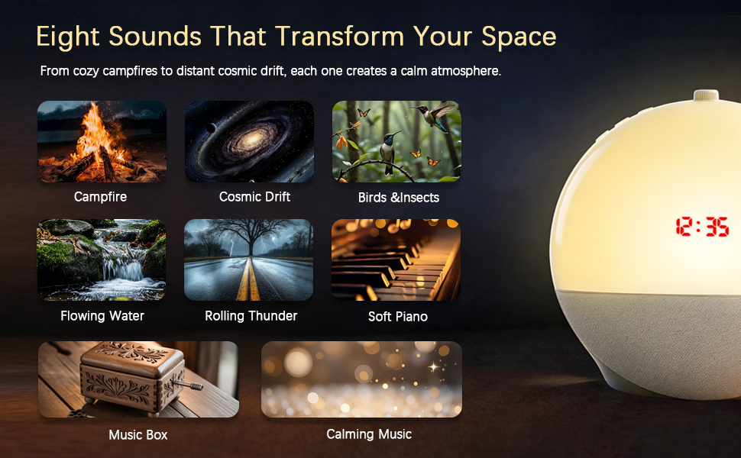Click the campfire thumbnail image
(102, 142)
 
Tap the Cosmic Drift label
(254, 196)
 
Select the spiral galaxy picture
(249, 142)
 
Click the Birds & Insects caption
(398, 198)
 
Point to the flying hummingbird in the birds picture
(434, 114)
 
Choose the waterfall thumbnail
(102, 260)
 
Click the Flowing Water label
(102, 315)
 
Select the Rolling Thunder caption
(251, 315)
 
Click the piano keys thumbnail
(396, 260)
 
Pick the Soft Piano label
(398, 316)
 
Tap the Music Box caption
(138, 435)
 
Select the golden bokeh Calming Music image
(361, 379)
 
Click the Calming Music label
(369, 434)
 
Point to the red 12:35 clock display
(702, 227)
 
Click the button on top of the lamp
(706, 95)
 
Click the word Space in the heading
(519, 37)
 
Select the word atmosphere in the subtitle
(465, 71)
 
